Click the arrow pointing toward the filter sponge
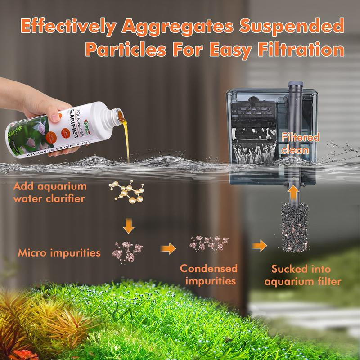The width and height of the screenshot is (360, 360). coord(259,246)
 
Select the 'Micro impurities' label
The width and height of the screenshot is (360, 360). coord(59,253)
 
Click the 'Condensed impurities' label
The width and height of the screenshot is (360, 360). coord(209,275)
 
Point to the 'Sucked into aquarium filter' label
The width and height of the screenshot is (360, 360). coord(302,275)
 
